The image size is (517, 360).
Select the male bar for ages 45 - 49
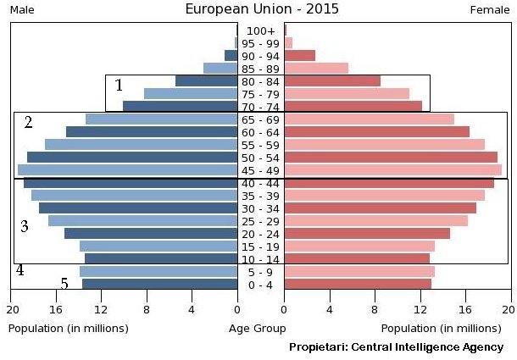(127, 170)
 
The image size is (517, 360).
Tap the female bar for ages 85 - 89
(316, 68)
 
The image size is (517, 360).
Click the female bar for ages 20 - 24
(367, 233)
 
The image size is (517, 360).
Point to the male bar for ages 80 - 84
(206, 81)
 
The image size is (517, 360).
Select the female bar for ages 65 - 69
(370, 119)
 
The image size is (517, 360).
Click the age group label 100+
(261, 31)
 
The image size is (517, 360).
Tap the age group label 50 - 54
(261, 158)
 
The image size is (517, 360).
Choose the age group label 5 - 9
(261, 272)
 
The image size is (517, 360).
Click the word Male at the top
(22, 9)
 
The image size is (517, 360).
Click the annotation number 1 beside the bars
(120, 85)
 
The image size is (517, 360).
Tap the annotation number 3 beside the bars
(25, 226)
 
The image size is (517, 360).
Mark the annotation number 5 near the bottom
(64, 284)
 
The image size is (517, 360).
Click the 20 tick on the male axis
(13, 310)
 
